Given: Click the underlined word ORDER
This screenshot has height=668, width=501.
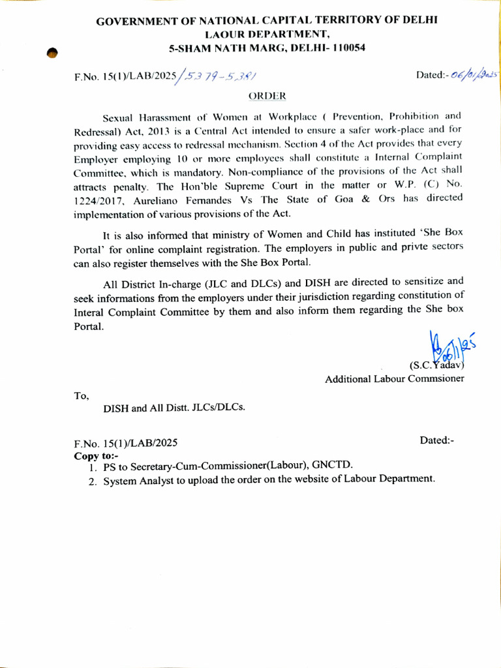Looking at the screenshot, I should (x=267, y=97).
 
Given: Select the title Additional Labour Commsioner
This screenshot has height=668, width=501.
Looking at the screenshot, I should (x=395, y=379).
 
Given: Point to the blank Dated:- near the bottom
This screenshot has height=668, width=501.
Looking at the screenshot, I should (x=436, y=441).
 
